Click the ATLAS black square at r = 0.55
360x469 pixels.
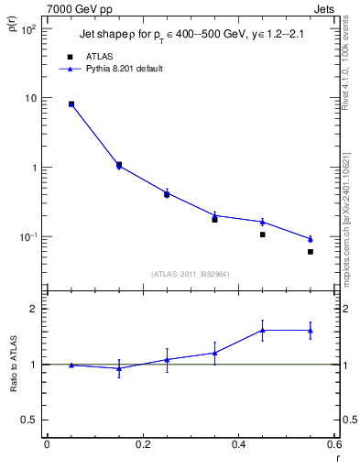point(311,252)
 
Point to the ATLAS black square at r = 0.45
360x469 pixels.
point(263,234)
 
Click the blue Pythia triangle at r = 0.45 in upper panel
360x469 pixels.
point(263,222)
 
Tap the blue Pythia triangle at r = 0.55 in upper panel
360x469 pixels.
point(311,239)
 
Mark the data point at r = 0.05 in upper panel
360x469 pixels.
point(71,104)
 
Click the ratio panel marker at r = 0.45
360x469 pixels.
point(263,330)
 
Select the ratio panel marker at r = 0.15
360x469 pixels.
point(119,368)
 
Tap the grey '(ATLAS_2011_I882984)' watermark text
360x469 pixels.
point(190,274)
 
